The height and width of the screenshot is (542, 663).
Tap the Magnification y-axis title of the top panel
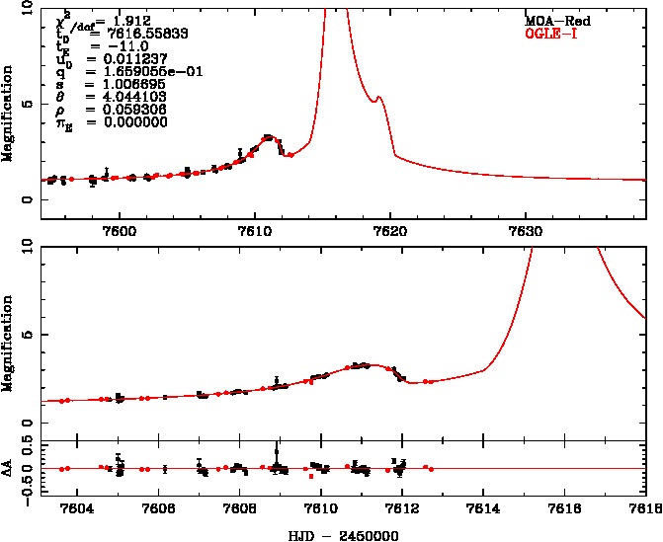(x=8, y=114)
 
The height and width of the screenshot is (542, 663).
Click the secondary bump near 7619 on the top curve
(x=378, y=98)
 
